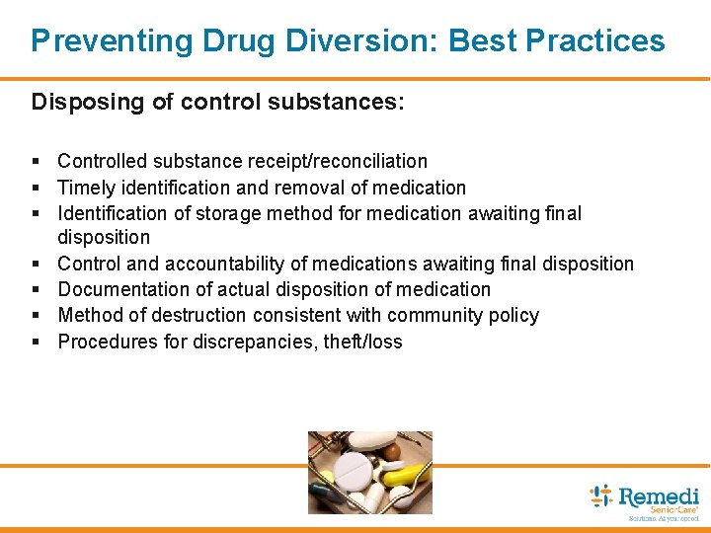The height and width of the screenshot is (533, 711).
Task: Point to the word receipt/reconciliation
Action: [x=341, y=161]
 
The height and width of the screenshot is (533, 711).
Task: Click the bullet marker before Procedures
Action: [x=36, y=343]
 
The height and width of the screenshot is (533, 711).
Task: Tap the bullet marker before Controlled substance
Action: [x=36, y=162]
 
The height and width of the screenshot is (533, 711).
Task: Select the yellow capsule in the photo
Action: [x=404, y=476]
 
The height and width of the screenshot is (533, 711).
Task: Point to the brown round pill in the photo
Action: [x=392, y=451]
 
